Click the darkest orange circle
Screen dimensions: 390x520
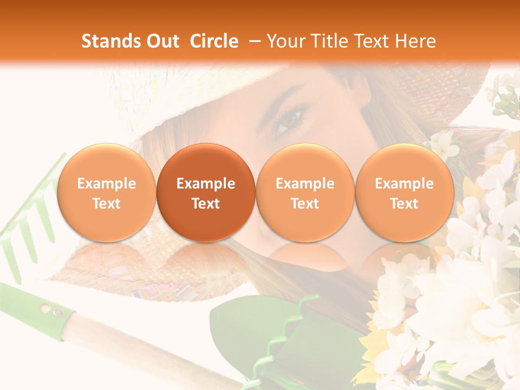[206, 192]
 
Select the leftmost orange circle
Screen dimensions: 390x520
[107, 192]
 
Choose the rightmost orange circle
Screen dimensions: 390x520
[404, 192]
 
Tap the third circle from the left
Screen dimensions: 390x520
[305, 192]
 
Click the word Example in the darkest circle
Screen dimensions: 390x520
[206, 184]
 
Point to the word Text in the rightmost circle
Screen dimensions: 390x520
[404, 204]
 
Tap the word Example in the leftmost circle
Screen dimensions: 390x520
[107, 184]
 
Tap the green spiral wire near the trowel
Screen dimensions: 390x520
[282, 336]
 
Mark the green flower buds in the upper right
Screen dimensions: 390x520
[506, 100]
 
